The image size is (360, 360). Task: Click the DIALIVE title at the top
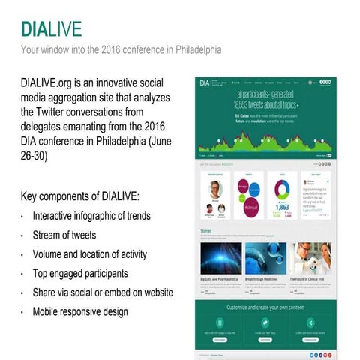[x=51, y=29]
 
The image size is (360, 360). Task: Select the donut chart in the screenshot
[x=283, y=187]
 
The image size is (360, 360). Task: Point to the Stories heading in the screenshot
[x=207, y=232]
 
